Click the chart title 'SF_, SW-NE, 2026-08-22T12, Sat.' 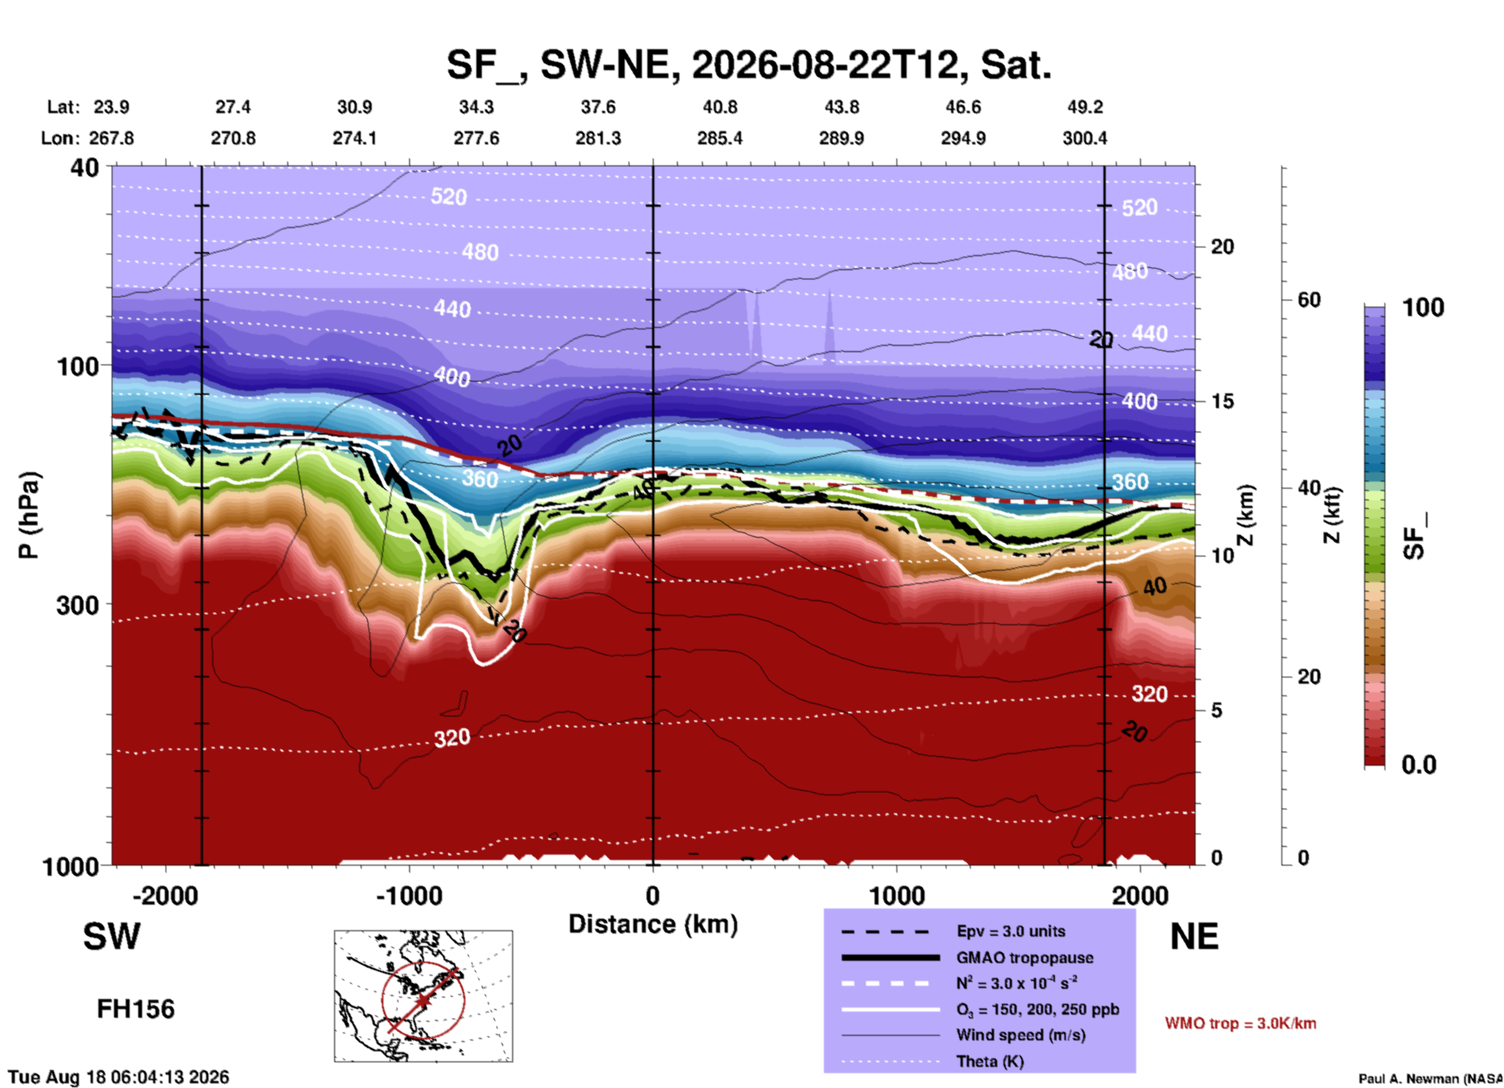749,65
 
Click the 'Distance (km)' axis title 653,924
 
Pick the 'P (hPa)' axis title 29,515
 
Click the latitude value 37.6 598,107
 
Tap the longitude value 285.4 720,138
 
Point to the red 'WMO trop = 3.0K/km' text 1240,1023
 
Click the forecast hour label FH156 136,1009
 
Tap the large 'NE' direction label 1195,937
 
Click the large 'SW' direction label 112,937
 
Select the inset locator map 423,996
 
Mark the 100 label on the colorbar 1424,308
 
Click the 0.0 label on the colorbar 1419,765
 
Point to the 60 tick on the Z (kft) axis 1309,300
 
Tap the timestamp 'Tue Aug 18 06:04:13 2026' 119,1077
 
